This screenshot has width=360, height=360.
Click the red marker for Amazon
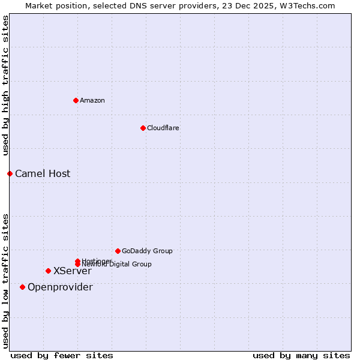coord(76,100)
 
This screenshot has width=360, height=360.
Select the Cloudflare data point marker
coord(143,128)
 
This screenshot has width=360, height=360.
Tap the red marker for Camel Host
coord(10,173)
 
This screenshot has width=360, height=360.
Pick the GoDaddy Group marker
coord(118,251)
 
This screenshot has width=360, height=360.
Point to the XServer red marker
coord(48,271)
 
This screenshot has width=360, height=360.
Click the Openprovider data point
coord(22,287)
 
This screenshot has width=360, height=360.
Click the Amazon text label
coord(92,100)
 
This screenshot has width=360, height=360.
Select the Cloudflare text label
coord(163,128)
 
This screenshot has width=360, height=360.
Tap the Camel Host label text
coord(43,174)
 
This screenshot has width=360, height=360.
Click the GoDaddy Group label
coord(147,251)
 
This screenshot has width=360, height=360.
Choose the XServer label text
coord(72,271)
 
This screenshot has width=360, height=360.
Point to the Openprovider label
coord(60,287)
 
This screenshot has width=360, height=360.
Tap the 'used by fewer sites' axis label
coord(62,355)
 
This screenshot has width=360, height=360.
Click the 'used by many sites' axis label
coord(301,355)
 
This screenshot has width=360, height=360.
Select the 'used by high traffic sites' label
coord(5,85)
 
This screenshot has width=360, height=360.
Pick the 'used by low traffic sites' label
coord(5,280)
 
